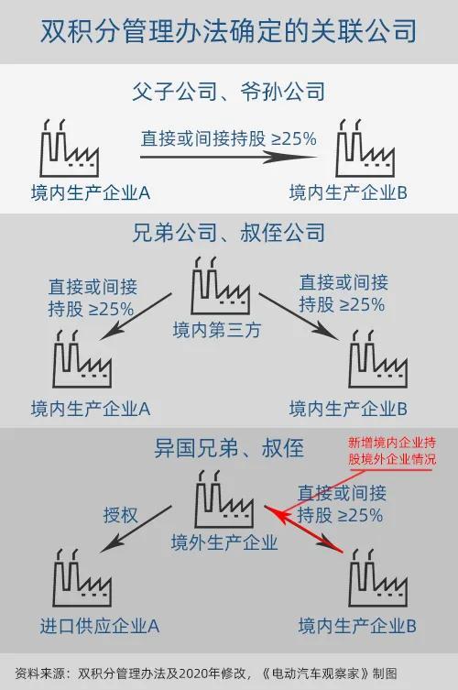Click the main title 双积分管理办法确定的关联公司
point(228,31)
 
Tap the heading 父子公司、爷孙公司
point(229,92)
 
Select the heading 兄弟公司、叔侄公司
point(229,233)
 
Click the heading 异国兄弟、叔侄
point(229,448)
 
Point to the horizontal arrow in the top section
point(228,157)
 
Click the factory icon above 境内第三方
point(221,285)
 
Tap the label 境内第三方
point(217,330)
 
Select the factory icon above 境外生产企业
point(224,498)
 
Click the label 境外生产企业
point(224,542)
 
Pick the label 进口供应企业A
point(100,626)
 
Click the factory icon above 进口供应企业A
point(82,578)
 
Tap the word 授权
point(121,515)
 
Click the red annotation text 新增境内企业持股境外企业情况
point(392,451)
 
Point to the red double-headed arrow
point(303,529)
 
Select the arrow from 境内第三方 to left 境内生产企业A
point(136,316)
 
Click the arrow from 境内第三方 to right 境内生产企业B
point(300,316)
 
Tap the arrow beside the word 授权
point(136,529)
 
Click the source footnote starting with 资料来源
point(206,673)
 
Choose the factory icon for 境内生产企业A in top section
point(70,148)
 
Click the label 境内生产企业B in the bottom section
point(357,626)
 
